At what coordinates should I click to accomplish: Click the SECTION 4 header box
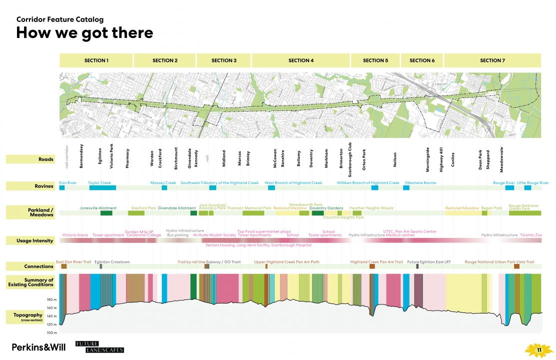click(x=301, y=60)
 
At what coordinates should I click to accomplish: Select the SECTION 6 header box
click(x=422, y=60)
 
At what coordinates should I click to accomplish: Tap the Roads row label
click(x=30, y=159)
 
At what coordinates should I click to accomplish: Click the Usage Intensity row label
click(x=30, y=240)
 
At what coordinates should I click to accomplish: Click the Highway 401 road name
click(x=441, y=159)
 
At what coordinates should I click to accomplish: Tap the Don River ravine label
click(x=67, y=183)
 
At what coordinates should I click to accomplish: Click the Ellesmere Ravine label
click(x=420, y=183)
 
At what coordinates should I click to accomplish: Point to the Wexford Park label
click(x=143, y=208)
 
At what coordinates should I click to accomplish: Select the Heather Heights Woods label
click(x=371, y=208)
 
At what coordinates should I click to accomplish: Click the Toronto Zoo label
click(x=531, y=235)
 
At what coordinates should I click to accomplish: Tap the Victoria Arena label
click(x=75, y=235)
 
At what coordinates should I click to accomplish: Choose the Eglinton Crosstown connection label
click(x=112, y=262)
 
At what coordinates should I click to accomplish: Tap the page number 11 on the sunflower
click(x=539, y=350)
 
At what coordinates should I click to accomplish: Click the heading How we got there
click(x=84, y=33)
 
